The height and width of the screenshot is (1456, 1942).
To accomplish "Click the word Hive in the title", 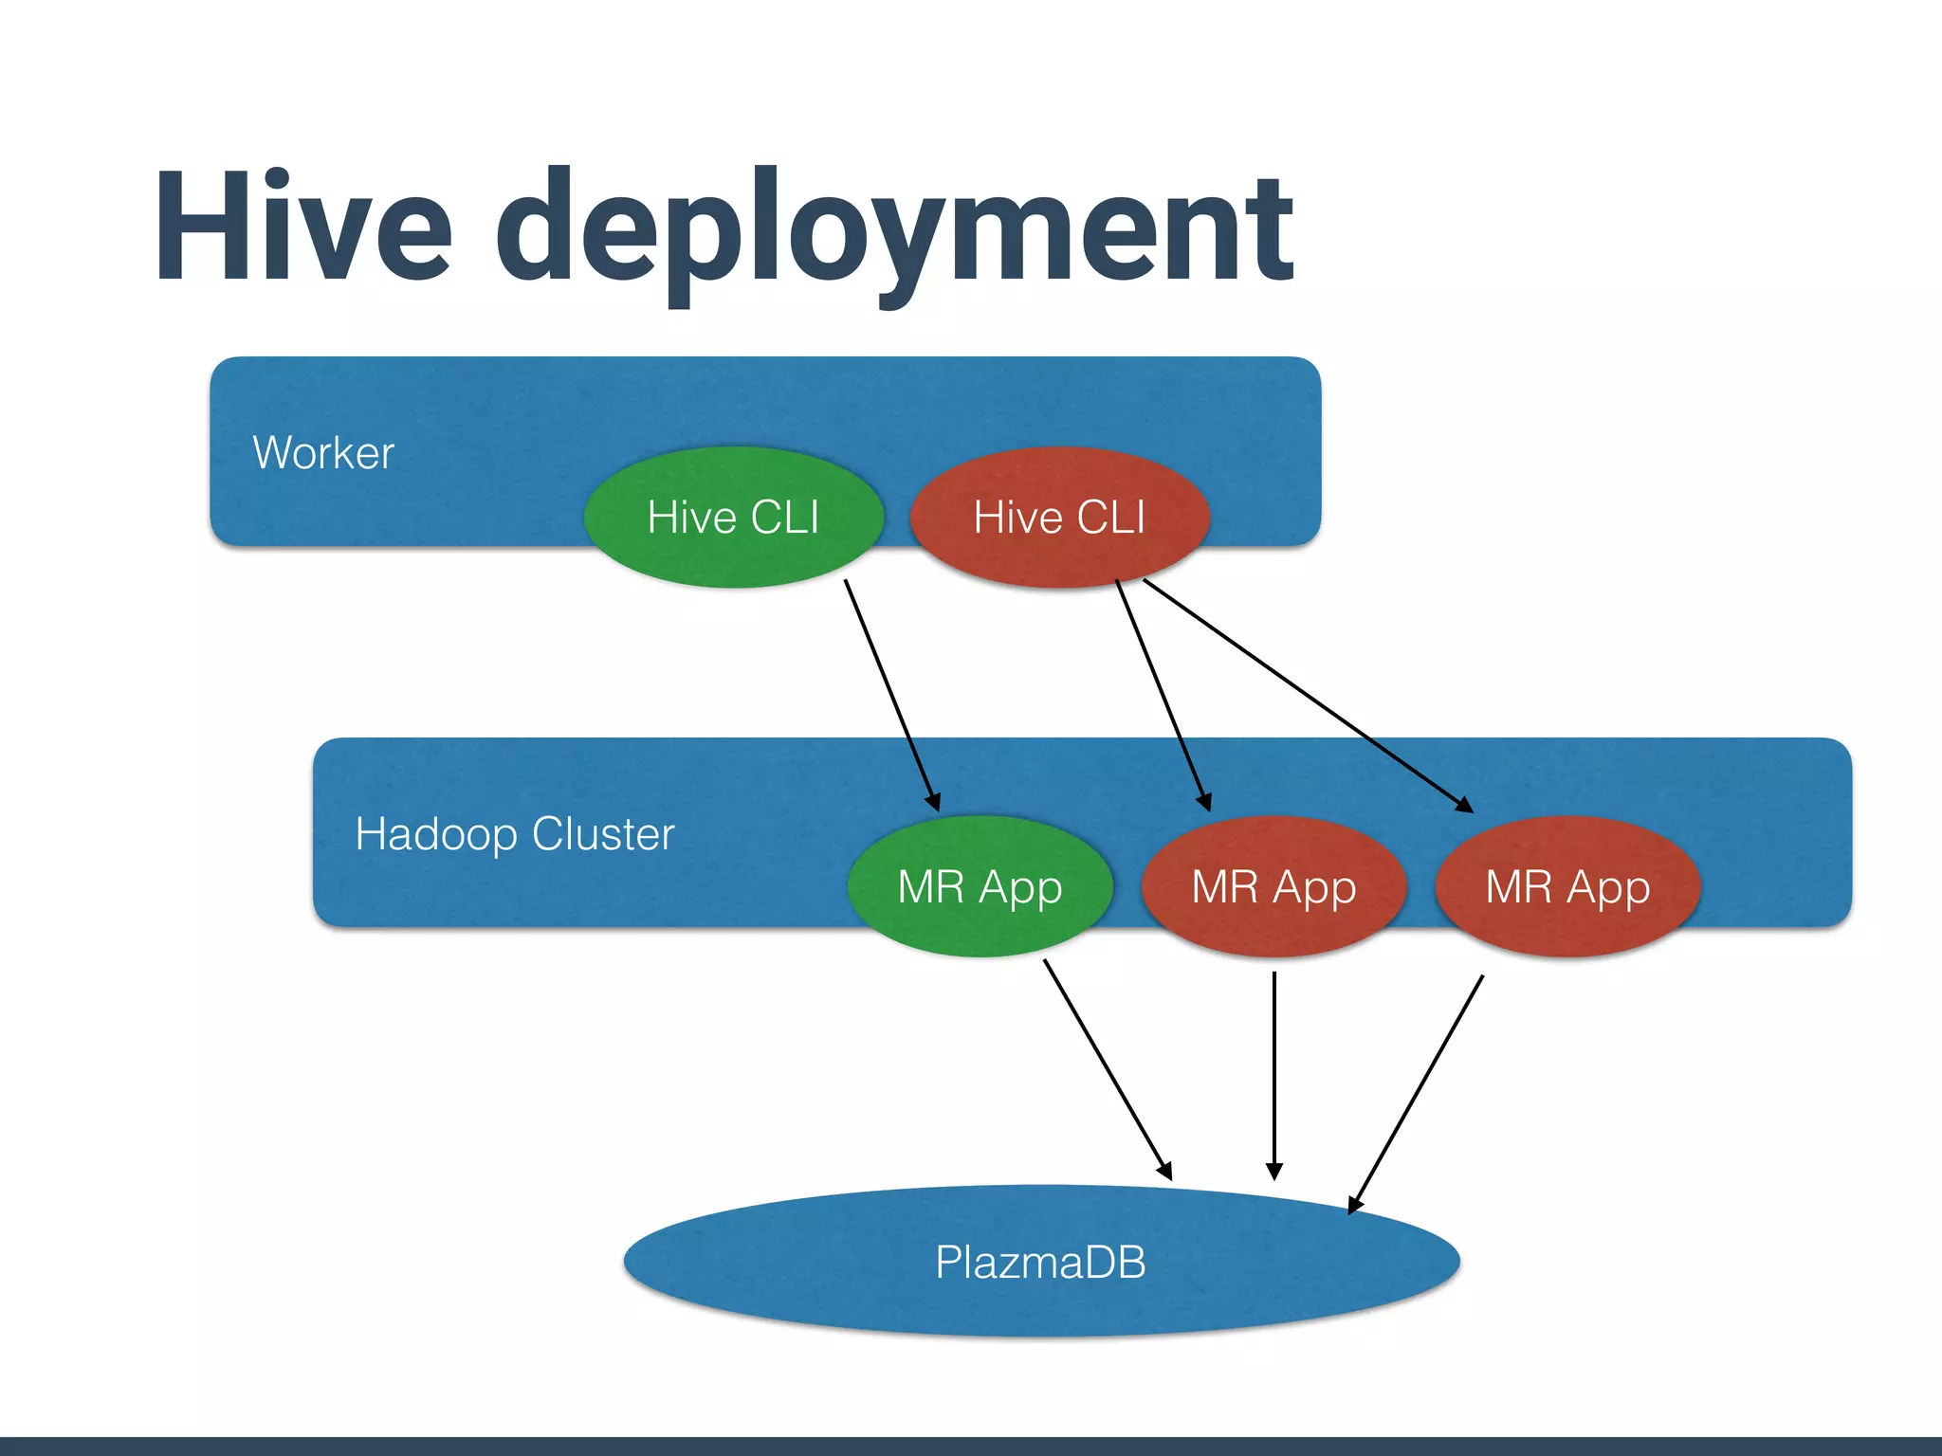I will (x=303, y=227).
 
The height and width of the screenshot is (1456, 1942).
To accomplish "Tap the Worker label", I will (x=323, y=452).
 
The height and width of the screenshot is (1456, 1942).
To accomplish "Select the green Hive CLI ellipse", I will (x=733, y=518).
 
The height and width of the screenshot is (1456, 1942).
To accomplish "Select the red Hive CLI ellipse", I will (x=1059, y=518).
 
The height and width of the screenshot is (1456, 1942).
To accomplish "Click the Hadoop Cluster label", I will (x=514, y=834).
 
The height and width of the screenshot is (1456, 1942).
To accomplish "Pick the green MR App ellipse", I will (x=980, y=887).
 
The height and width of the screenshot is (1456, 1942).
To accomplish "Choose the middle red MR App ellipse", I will (x=1273, y=887).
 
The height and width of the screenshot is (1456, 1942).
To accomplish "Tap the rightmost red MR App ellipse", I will (x=1567, y=887).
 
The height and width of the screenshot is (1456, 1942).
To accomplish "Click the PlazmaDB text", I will (x=1040, y=1262).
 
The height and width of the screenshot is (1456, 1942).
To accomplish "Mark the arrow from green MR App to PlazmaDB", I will (x=1108, y=1069).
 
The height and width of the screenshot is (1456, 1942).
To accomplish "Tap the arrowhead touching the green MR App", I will (x=934, y=802).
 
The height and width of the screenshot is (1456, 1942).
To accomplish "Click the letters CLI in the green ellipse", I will (x=784, y=518).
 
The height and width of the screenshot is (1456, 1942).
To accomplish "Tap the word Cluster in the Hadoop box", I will (x=603, y=834).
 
